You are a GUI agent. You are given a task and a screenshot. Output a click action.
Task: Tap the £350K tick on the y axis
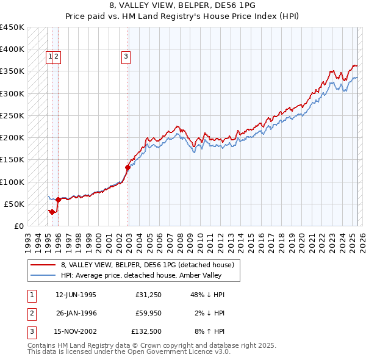coord(12,71)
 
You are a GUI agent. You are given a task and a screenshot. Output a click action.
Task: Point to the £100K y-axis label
coord(12,182)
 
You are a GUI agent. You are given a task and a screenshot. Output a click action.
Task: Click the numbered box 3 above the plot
coord(126,57)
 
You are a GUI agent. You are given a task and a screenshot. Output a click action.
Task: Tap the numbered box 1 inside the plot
coord(50,57)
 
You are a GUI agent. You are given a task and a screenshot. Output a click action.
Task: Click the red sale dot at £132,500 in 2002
coord(127,167)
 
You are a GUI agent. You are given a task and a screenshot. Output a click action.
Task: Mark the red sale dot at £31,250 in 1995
coord(52,212)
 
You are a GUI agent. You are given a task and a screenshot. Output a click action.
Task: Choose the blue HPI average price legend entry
coord(146,275)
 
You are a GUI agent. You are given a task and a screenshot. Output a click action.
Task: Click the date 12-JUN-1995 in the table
coord(76,295)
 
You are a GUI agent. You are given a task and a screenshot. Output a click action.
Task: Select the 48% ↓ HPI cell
coord(207,295)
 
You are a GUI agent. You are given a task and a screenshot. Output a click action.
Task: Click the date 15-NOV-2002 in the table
coord(76,333)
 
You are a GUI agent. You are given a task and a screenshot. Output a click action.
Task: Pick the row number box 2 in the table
coord(31,314)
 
